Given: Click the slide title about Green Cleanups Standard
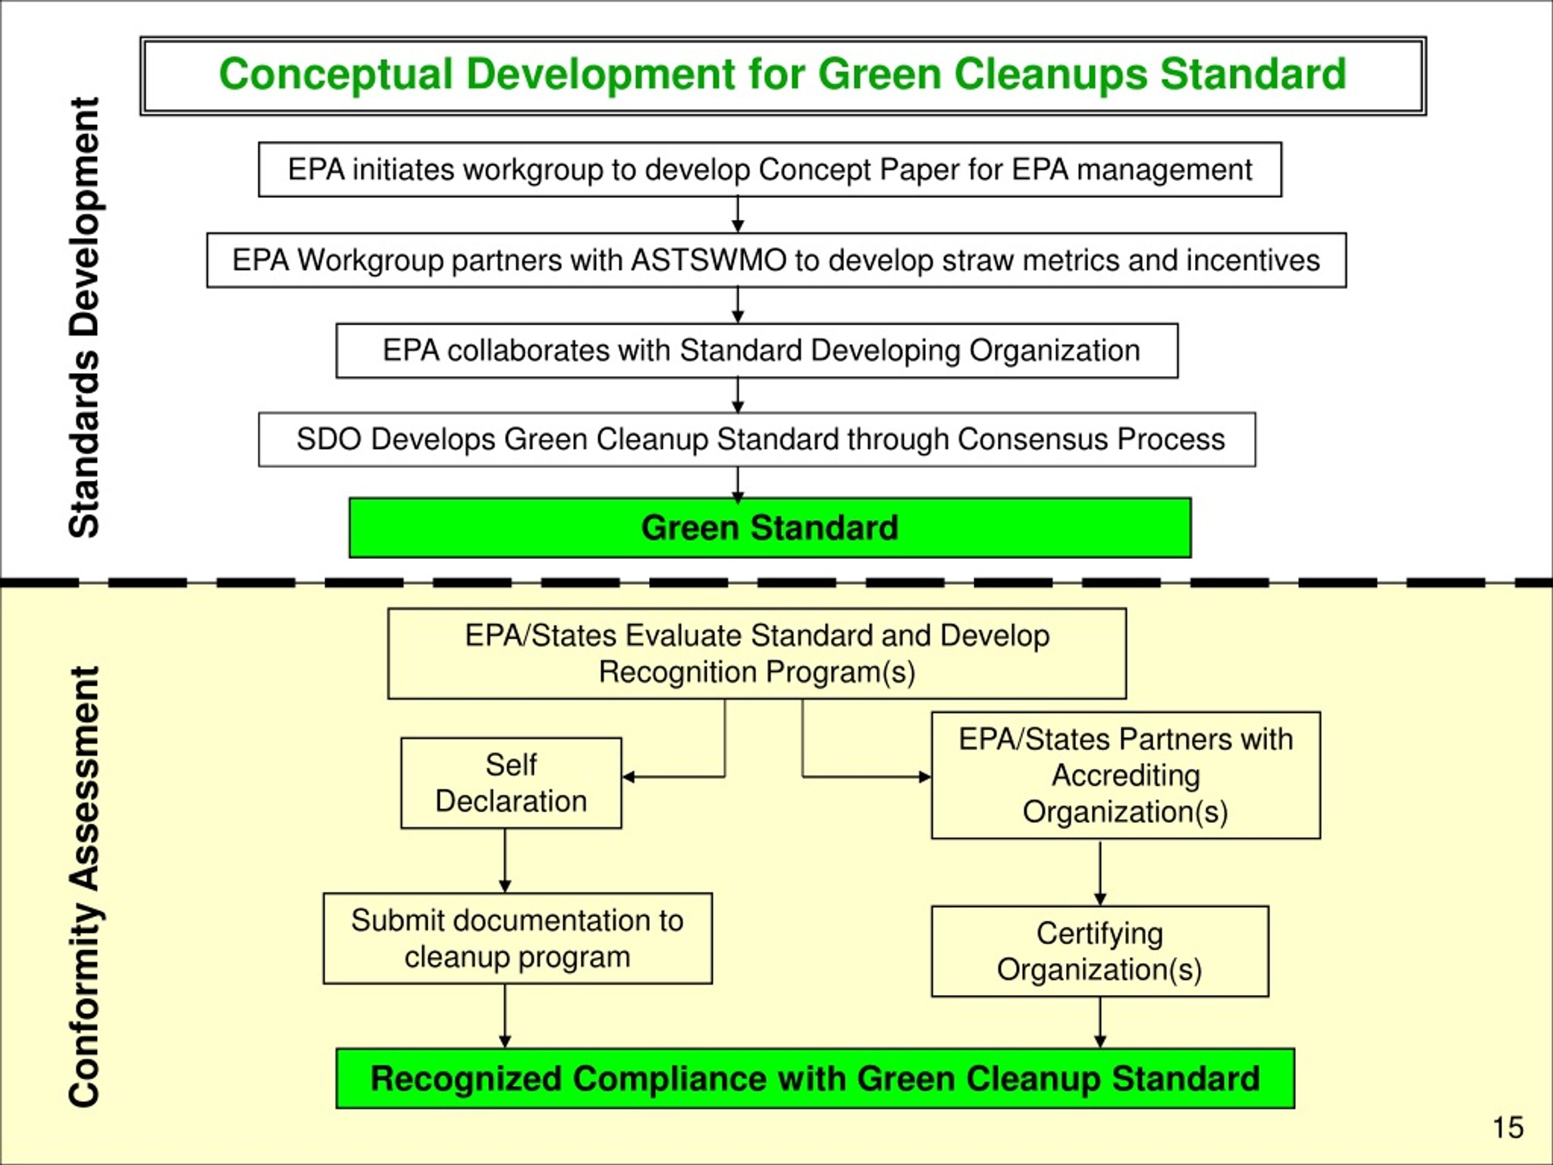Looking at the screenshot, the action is point(782,75).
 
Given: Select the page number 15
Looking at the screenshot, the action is point(1508,1127).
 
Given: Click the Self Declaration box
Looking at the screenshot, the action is point(511,782).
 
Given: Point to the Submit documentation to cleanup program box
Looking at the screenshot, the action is point(517,938).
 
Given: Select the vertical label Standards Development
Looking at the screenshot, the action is point(85,317).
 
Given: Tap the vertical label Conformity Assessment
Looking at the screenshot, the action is point(85,886).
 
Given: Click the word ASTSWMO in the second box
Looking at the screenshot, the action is point(709,260).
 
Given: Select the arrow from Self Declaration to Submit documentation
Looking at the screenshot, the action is point(505,860).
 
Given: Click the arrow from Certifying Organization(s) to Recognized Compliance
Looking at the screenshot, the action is point(1100,1022).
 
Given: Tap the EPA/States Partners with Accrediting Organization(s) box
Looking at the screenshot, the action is point(1125,775).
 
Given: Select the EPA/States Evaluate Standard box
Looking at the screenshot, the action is point(757,653).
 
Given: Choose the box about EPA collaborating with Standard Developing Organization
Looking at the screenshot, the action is point(757,351).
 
